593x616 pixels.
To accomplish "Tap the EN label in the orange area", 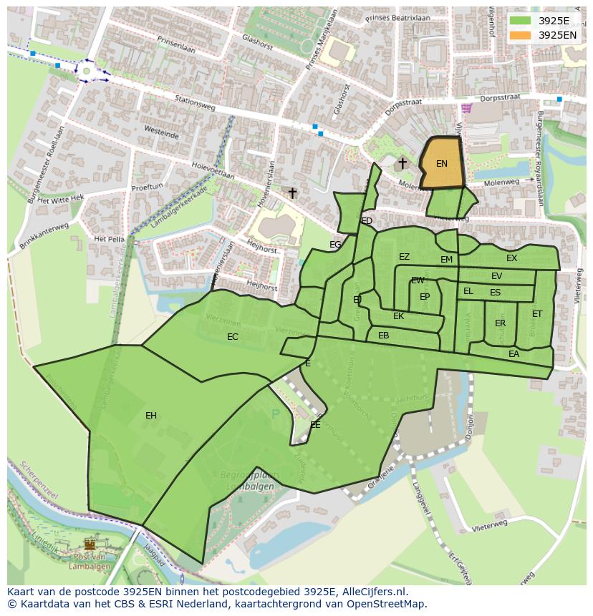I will tap(442, 164).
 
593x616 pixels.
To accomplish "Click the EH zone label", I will tap(151, 416).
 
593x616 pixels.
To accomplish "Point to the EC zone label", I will tap(233, 337).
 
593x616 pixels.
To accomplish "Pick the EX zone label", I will tap(511, 258).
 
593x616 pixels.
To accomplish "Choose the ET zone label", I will tap(537, 314).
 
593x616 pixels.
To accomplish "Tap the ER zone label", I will tap(500, 323).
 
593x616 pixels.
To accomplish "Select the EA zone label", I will tap(514, 354).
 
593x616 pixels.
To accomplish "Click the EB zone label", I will tap(383, 336).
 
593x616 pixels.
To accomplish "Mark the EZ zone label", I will tap(404, 257).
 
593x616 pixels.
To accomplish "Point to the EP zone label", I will tap(425, 297).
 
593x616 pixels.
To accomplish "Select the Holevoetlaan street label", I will tap(213, 172).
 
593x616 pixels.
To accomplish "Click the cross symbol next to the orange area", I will tap(402, 164).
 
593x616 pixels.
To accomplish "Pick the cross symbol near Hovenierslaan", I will tap(292, 193).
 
